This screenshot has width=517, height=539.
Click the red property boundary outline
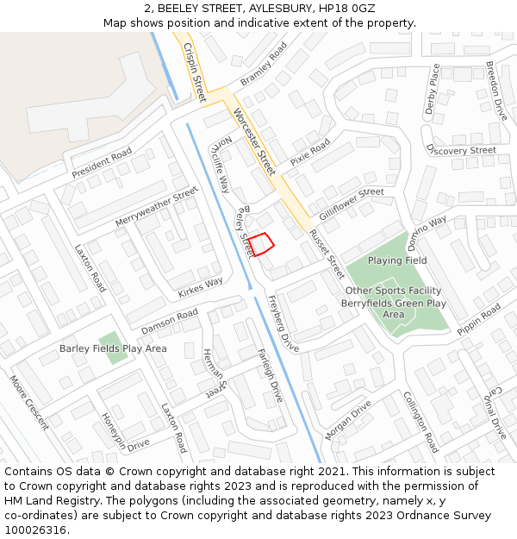(x=262, y=244)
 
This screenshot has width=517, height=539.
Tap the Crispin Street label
(x=194, y=72)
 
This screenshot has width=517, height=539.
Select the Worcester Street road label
(x=253, y=138)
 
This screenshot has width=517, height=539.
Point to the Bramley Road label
(x=264, y=65)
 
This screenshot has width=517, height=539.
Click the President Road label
(x=102, y=164)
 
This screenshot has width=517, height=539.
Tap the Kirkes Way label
(x=200, y=287)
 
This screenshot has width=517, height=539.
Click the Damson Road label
(x=170, y=322)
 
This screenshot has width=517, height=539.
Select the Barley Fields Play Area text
(x=113, y=348)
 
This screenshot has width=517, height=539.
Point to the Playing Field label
(x=397, y=260)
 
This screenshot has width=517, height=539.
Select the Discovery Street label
(x=461, y=150)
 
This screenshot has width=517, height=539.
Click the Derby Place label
(x=433, y=89)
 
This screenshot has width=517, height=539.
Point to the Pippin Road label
(x=479, y=318)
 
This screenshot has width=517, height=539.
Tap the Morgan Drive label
(x=348, y=419)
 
